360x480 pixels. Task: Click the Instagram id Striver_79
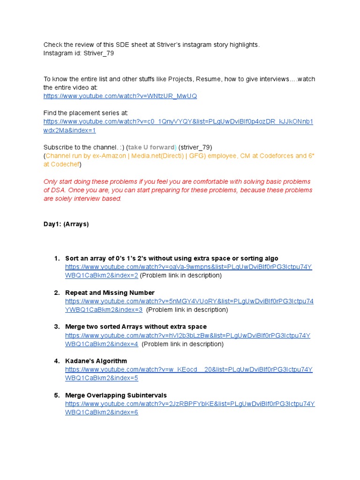(98, 53)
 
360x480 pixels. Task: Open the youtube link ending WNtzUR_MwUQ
(120, 96)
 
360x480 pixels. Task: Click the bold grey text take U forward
(152, 147)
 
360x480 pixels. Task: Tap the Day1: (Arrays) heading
(66, 224)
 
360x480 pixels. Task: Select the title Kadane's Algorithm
(96, 361)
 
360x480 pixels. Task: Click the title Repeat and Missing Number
(110, 292)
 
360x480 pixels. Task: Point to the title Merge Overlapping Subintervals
(116, 395)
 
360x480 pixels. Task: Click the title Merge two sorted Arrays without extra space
(136, 327)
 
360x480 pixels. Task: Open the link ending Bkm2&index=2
(102, 275)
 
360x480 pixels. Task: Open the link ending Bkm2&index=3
(104, 309)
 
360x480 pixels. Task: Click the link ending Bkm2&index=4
(102, 344)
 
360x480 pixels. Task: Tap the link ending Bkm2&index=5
(102, 378)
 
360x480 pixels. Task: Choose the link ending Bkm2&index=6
(102, 412)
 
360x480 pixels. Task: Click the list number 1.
(56, 258)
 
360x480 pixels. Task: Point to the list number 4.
(56, 361)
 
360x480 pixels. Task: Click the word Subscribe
(59, 147)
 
